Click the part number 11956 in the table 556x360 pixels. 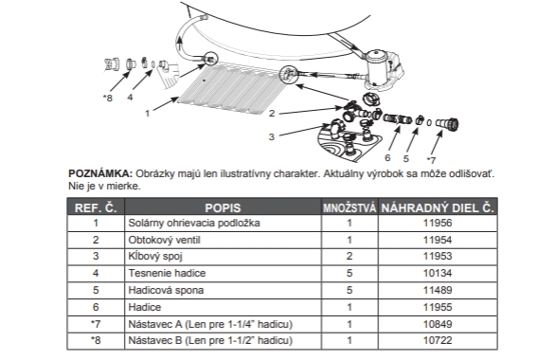pyautogui.click(x=438, y=223)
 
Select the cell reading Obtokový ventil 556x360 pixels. pyautogui.click(x=164, y=240)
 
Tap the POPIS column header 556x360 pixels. pyautogui.click(x=223, y=207)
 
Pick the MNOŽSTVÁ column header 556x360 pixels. pyautogui.click(x=350, y=207)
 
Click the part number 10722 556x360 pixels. pyautogui.click(x=438, y=340)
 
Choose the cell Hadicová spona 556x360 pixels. pyautogui.click(x=166, y=290)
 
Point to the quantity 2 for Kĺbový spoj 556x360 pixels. pyautogui.click(x=350, y=256)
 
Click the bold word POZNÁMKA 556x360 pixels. pyautogui.click(x=100, y=173)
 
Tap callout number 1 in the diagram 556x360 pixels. pyautogui.click(x=148, y=114)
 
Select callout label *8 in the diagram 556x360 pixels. pyautogui.click(x=107, y=98)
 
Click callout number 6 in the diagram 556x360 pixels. pyautogui.click(x=387, y=157)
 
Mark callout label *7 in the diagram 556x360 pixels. pyautogui.click(x=431, y=160)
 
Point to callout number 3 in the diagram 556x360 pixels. pyautogui.click(x=272, y=137)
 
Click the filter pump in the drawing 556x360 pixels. pyautogui.click(x=383, y=69)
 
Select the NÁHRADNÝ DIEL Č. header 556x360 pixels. pyautogui.click(x=438, y=207)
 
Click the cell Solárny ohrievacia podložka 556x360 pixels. pyautogui.click(x=194, y=223)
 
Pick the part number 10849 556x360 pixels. pyautogui.click(x=438, y=324)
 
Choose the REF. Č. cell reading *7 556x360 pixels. pyautogui.click(x=96, y=324)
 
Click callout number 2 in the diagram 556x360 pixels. pyautogui.click(x=272, y=114)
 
